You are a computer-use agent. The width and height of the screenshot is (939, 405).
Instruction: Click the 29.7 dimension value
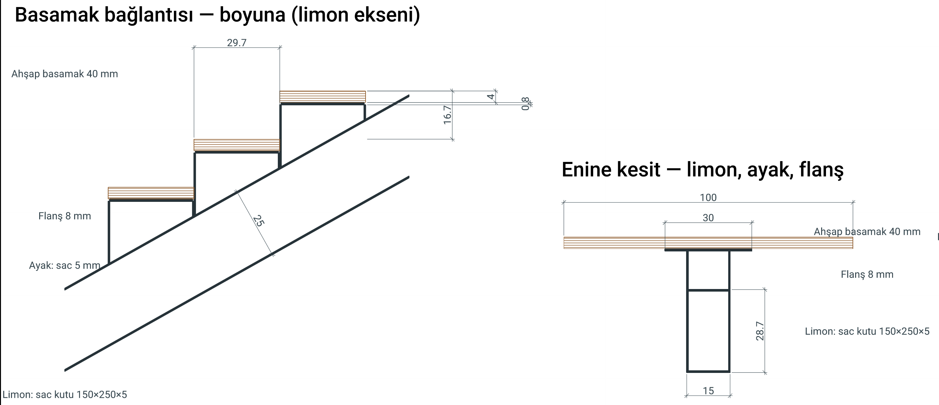[237, 43]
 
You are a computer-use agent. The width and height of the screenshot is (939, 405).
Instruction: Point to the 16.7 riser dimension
[447, 115]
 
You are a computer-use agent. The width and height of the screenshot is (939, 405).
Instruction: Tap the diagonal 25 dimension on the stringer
[258, 221]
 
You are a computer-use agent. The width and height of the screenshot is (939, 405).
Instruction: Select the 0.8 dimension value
[525, 104]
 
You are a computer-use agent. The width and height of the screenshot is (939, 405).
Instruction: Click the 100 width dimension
[708, 197]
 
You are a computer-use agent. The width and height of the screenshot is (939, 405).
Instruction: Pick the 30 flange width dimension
[708, 218]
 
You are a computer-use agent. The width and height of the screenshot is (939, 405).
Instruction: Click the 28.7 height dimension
[760, 331]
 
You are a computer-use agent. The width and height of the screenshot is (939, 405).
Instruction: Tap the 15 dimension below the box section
[708, 391]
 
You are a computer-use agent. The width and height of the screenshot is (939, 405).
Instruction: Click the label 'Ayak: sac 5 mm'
[64, 265]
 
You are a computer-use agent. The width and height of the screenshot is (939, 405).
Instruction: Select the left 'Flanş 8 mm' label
[64, 216]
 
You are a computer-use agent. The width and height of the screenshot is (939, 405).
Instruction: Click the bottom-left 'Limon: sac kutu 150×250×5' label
[65, 394]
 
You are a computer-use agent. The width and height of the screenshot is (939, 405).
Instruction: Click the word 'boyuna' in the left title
[252, 15]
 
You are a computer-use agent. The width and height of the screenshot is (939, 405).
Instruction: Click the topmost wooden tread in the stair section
[322, 97]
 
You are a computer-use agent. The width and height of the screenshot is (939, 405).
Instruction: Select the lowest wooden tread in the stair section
[151, 193]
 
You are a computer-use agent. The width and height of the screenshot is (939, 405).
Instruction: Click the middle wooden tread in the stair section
[237, 145]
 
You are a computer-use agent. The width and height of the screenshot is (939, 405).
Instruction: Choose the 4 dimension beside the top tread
[491, 97]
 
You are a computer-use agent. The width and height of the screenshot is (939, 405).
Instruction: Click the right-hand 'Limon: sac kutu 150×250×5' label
[867, 331]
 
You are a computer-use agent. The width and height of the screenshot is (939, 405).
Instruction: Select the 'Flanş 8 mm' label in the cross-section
[867, 274]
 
